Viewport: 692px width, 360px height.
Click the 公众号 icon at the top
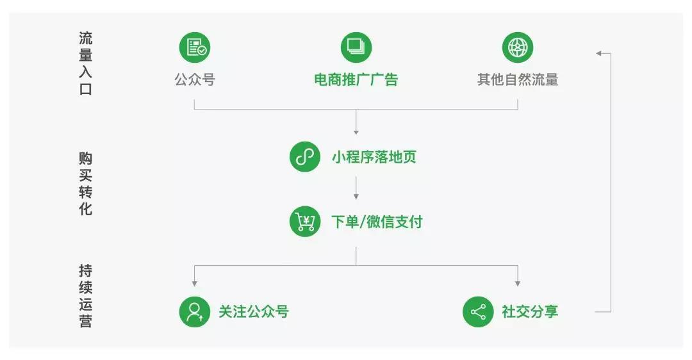click(x=195, y=47)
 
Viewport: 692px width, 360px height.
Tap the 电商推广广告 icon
click(x=356, y=47)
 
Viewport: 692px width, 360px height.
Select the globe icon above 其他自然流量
click(x=518, y=47)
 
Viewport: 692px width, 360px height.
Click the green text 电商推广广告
click(x=356, y=79)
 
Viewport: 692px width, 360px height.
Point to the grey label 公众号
click(x=195, y=79)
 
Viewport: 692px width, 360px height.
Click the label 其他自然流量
click(x=518, y=79)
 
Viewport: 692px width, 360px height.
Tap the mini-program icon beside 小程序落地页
click(x=305, y=156)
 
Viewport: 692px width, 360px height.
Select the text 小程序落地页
click(x=374, y=157)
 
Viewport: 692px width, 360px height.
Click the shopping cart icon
click(x=305, y=221)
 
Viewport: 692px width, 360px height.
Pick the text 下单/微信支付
click(x=377, y=222)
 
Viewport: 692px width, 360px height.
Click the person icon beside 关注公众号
click(x=195, y=312)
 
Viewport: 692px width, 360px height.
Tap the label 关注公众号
click(x=254, y=311)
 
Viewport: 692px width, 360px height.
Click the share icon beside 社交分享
click(x=478, y=312)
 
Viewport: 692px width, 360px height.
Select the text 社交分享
click(x=530, y=311)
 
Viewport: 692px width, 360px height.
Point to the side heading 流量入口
click(x=86, y=63)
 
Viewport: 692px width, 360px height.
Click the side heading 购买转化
click(x=86, y=184)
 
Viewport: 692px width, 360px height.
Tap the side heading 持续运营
click(x=86, y=295)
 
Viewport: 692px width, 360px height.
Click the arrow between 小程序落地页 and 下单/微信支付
click(x=356, y=188)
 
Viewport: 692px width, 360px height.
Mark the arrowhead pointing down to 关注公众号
click(x=195, y=284)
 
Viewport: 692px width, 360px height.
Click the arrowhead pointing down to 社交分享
click(x=518, y=284)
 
